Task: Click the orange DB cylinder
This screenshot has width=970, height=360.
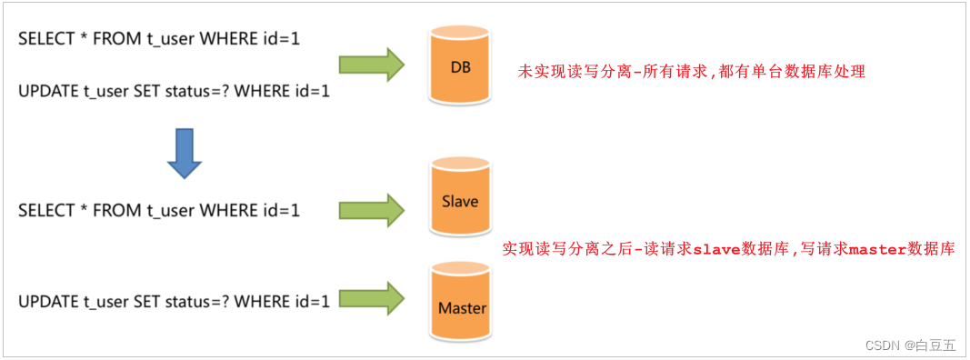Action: [x=460, y=66]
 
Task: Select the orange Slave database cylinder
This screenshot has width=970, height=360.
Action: [x=460, y=199]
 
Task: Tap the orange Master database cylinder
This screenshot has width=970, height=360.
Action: [x=462, y=305]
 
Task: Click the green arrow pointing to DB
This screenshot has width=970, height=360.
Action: [x=371, y=65]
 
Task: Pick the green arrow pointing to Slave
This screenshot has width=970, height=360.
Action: [x=371, y=210]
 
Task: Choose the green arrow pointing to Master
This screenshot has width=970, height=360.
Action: [x=371, y=299]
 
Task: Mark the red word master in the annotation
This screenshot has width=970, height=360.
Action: [x=877, y=249]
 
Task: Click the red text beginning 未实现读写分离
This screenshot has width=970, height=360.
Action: [x=691, y=71]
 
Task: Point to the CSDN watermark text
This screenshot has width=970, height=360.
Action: [x=882, y=345]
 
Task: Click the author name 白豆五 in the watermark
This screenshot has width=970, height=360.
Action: [x=936, y=345]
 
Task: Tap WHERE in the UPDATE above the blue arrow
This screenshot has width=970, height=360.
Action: [x=264, y=92]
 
